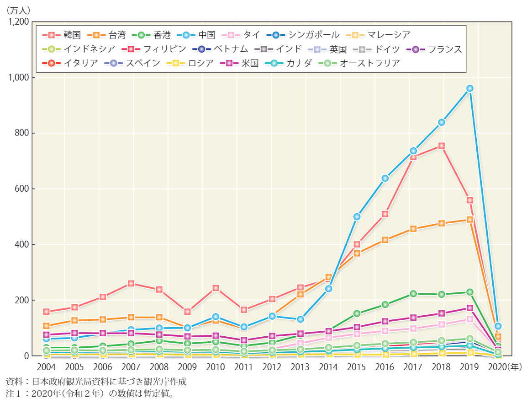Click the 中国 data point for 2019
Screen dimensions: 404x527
[469, 88]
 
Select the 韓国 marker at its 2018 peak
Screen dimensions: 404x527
[442, 146]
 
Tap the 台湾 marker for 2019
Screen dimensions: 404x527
[469, 220]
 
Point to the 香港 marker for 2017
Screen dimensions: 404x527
[413, 294]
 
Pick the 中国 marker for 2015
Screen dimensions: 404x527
[357, 216]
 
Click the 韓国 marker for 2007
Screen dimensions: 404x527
[131, 284]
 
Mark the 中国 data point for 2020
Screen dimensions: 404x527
[498, 326]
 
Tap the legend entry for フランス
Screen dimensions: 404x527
[436, 49]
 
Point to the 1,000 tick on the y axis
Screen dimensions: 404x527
[19, 78]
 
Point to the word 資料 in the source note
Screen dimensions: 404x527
[13, 382]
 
